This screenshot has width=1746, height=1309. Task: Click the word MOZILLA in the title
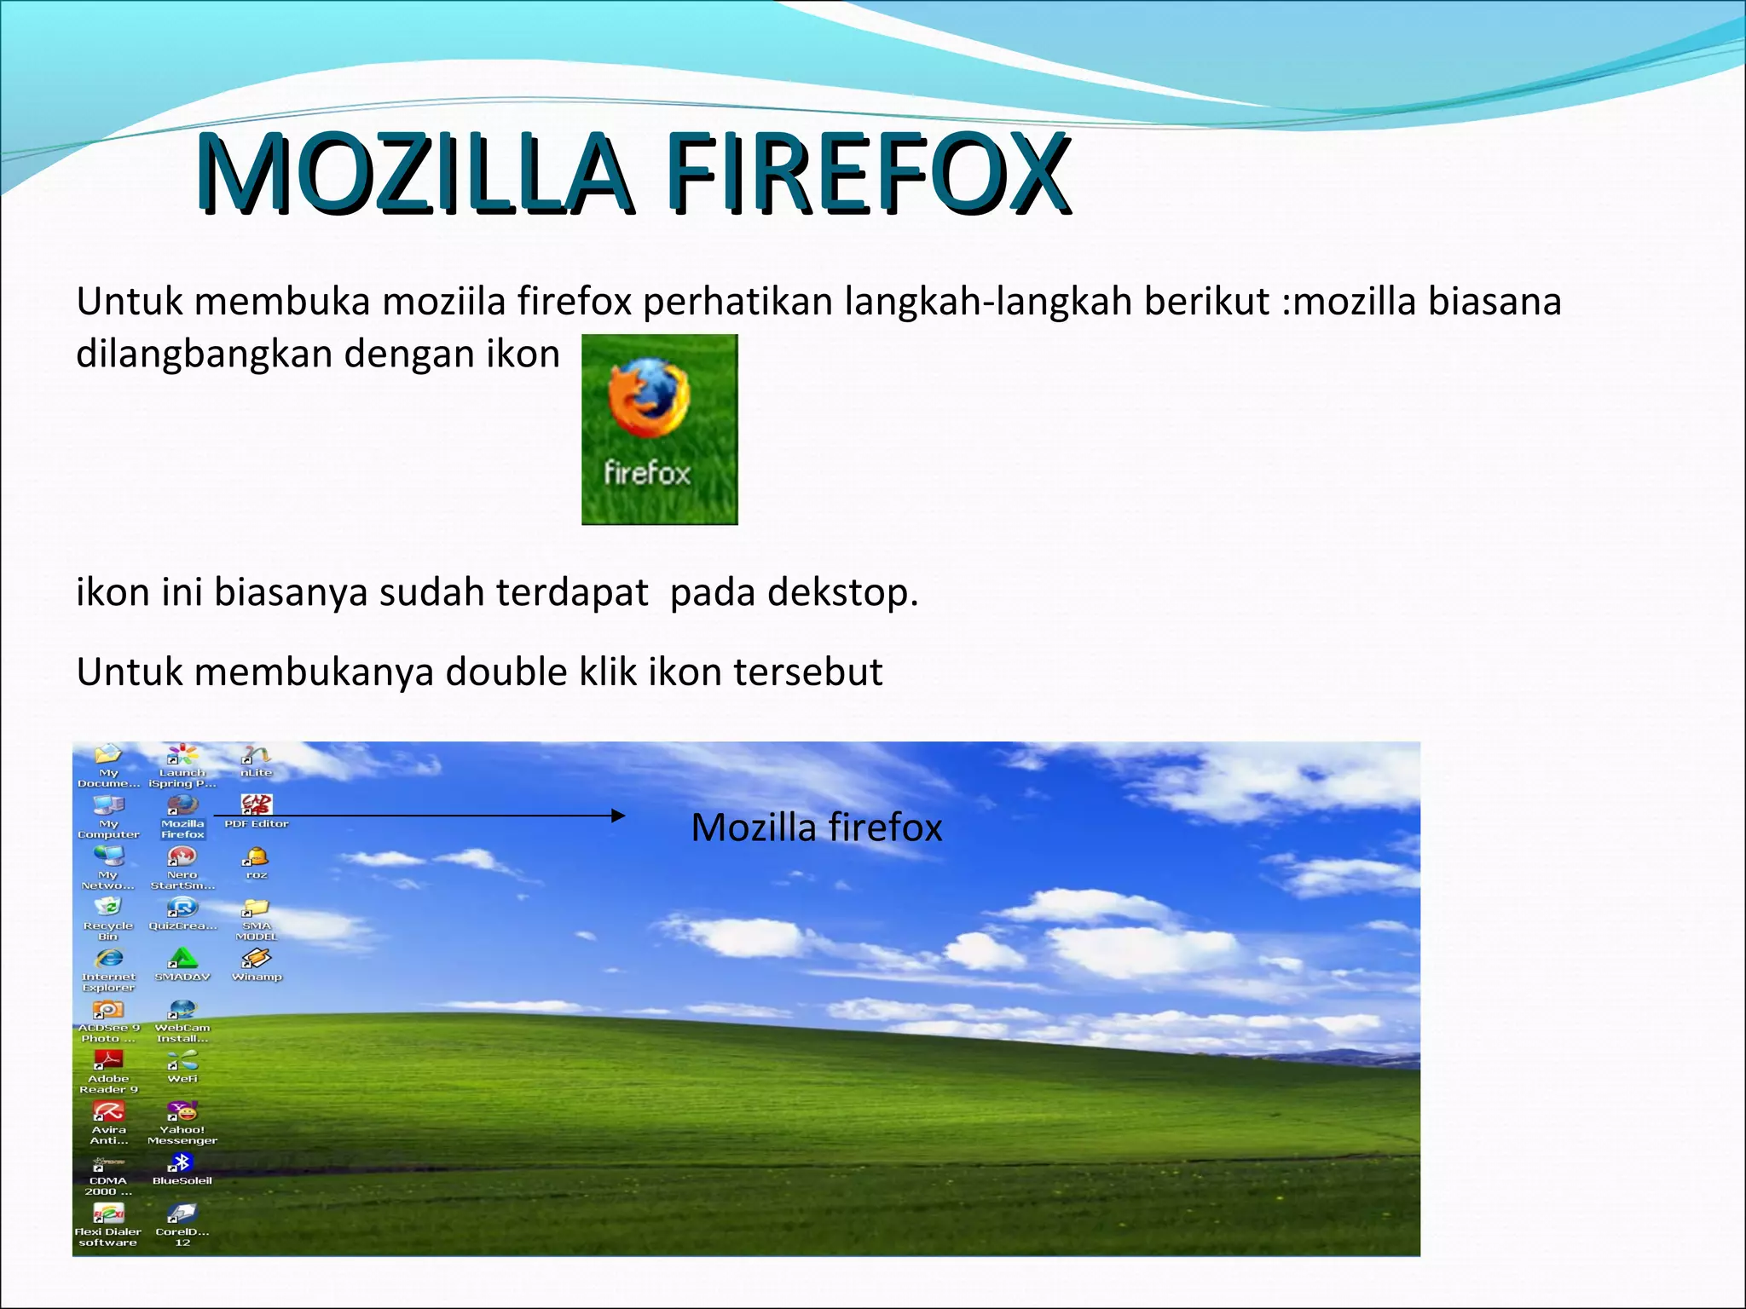pos(414,174)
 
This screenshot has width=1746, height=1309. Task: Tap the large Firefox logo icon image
pos(659,429)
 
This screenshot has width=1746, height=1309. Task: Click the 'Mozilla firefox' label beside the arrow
pos(816,827)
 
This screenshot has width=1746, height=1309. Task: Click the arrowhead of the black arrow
pos(618,816)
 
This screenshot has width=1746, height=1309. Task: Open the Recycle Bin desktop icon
pos(108,908)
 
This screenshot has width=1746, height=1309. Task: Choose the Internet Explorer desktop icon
pos(108,959)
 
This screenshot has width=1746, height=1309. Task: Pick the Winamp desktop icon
pos(257,959)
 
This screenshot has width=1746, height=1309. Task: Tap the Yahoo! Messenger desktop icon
pos(182,1111)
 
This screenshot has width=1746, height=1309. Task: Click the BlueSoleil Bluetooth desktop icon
pos(182,1162)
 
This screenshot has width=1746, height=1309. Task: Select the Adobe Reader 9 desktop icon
pos(108,1060)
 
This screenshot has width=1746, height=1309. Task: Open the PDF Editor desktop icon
pos(257,805)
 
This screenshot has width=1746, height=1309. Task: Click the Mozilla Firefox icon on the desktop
pos(182,805)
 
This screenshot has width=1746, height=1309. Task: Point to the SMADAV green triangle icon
pos(182,959)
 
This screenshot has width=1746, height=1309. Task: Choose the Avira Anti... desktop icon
pos(108,1111)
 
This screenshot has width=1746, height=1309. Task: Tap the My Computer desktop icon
pos(108,805)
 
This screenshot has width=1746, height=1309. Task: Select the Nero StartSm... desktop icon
pos(182,856)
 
